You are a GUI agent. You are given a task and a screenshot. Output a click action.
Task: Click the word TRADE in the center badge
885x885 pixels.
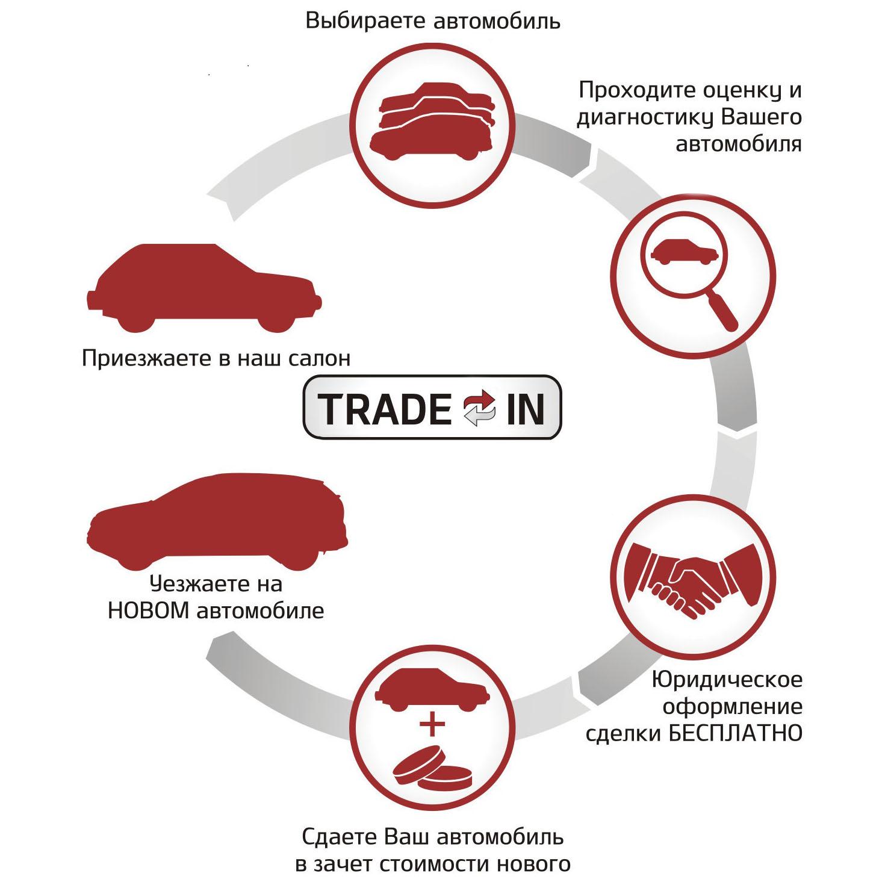click(385, 410)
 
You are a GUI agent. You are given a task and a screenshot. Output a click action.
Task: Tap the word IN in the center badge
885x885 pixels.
click(525, 410)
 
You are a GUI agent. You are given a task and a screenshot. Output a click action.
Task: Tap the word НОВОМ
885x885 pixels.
click(149, 610)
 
